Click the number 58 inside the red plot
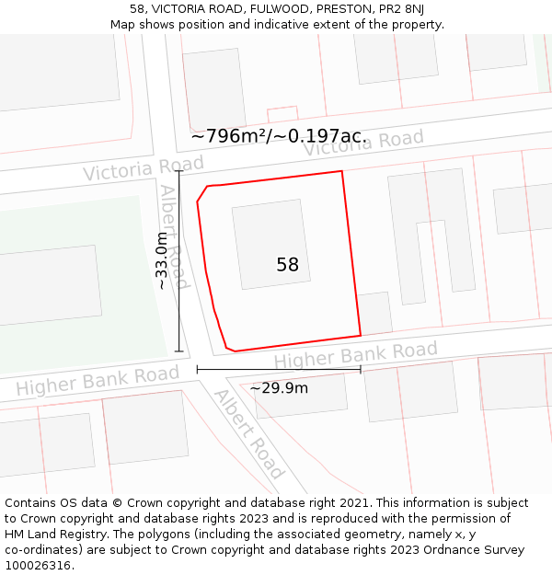(287, 265)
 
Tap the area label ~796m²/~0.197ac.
(279, 136)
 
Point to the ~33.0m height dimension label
(162, 260)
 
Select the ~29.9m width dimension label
(279, 387)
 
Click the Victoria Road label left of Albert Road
(130, 168)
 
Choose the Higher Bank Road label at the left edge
(98, 381)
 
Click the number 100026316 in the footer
(37, 565)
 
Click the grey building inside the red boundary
(271, 244)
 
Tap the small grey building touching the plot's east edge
(374, 313)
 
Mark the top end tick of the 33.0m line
(178, 171)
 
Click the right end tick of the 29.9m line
(361, 370)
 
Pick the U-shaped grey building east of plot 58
(431, 236)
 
